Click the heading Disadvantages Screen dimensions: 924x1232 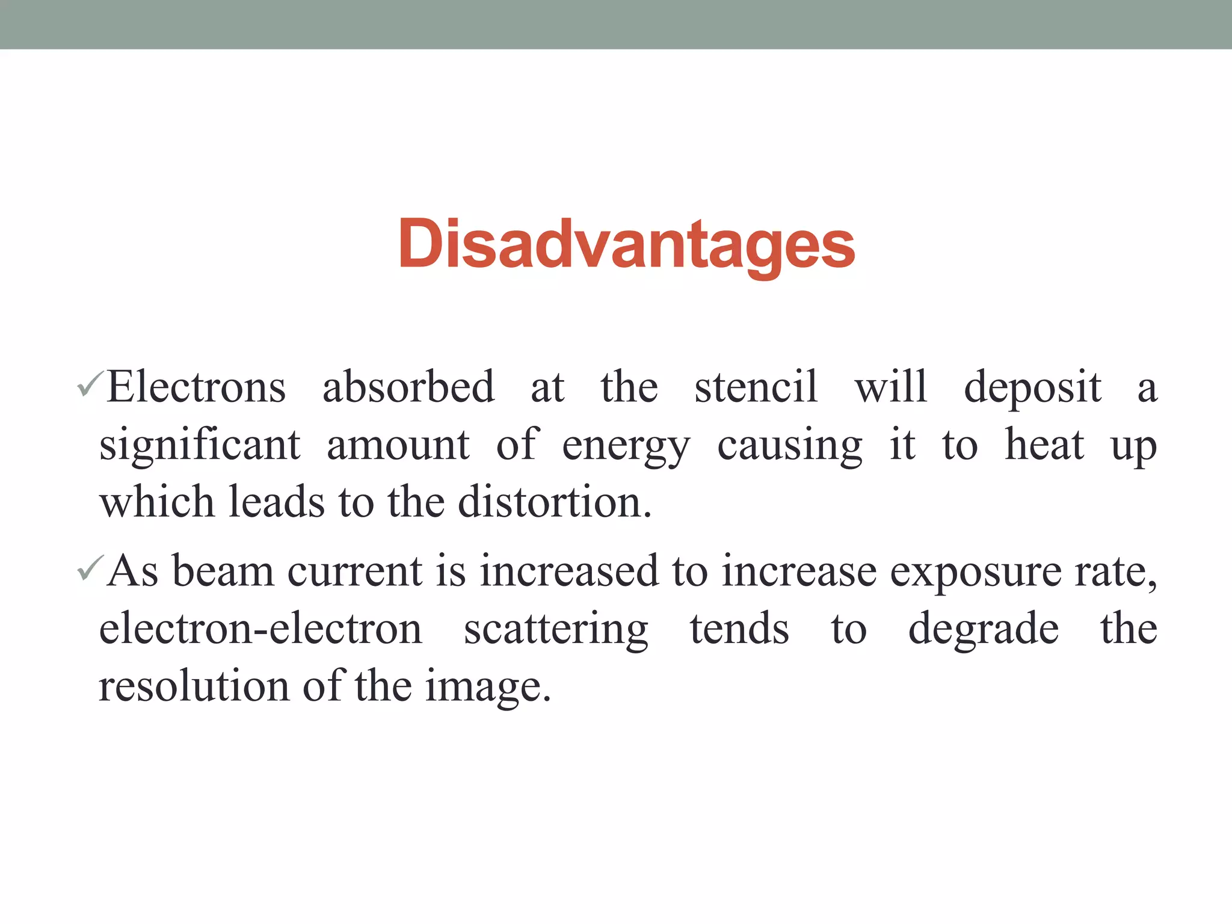click(x=626, y=245)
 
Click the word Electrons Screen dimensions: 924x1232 click(x=196, y=387)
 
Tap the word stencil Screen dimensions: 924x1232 click(x=756, y=387)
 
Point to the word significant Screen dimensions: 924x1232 click(x=200, y=446)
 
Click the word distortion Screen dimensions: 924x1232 click(x=554, y=502)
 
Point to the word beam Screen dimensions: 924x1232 click(x=223, y=570)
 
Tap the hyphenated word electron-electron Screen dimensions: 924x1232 click(x=260, y=629)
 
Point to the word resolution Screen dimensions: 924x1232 click(x=194, y=686)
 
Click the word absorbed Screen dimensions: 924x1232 click(x=408, y=387)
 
